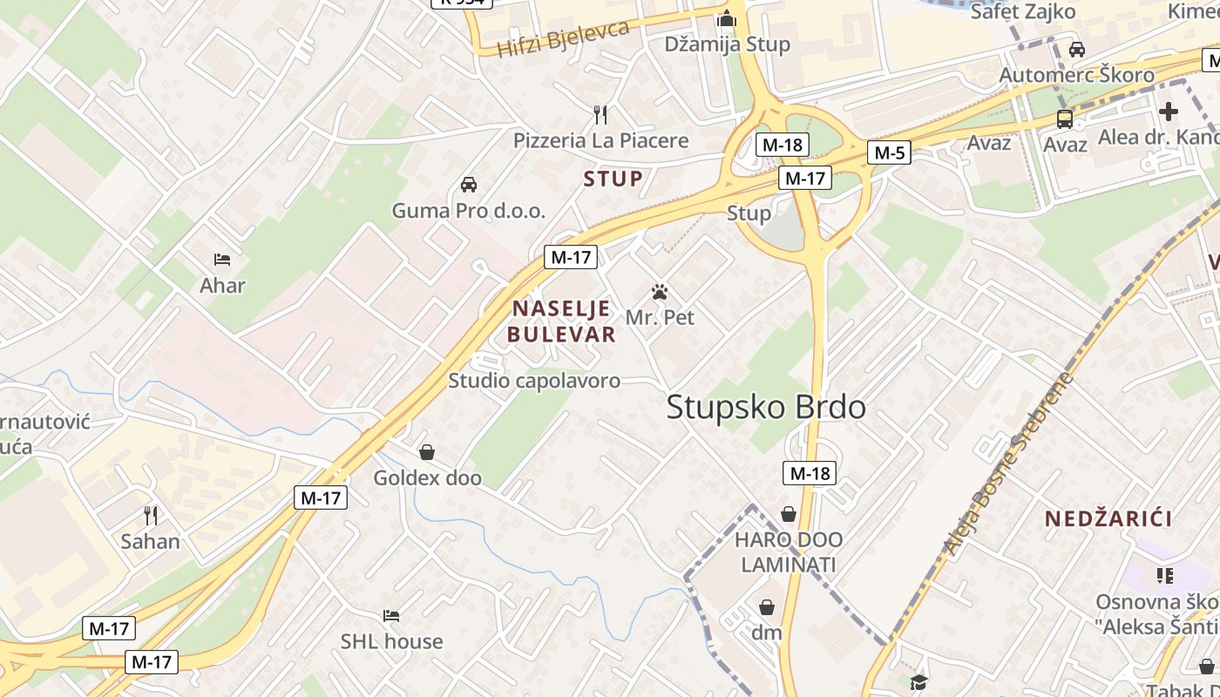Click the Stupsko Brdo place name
pos(766,408)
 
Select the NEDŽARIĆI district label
pos(1108,518)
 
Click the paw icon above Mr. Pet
pos(660,292)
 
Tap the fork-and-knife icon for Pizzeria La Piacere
pos(600,114)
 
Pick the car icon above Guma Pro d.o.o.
pos(469,185)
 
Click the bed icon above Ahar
pos(222,260)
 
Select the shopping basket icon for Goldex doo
pos(427,452)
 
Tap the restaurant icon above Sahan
pos(151,516)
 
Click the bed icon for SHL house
pos(391,616)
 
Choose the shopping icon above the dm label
pos(767,607)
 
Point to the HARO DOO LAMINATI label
pos(788,552)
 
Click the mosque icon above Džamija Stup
pos(727,18)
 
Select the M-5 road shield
pos(889,153)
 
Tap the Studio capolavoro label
pos(534,381)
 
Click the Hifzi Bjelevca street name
pos(563,39)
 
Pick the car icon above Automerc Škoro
pos(1077,50)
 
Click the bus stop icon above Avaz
pos(1064,118)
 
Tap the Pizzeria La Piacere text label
pos(600,140)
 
